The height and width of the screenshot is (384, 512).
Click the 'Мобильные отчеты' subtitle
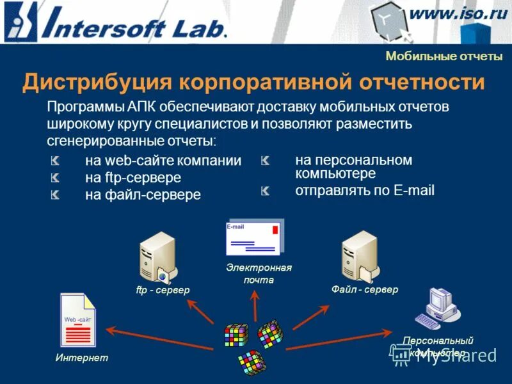(444, 56)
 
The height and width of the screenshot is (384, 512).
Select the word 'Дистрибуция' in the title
(95, 83)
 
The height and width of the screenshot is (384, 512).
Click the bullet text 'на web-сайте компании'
(163, 161)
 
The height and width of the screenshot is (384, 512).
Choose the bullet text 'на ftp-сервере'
(133, 177)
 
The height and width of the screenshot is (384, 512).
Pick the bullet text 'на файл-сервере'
(143, 194)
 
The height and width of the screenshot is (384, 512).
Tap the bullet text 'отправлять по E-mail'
(365, 190)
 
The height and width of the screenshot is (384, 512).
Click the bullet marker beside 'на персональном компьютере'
(266, 161)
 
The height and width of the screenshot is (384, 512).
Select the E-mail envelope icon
(254, 237)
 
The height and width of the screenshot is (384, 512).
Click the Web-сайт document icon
(77, 320)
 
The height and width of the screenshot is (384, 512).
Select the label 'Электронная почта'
(259, 273)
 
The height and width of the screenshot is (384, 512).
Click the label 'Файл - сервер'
(364, 290)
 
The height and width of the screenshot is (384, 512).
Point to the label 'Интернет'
(81, 357)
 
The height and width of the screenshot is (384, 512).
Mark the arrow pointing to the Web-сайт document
(160, 331)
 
